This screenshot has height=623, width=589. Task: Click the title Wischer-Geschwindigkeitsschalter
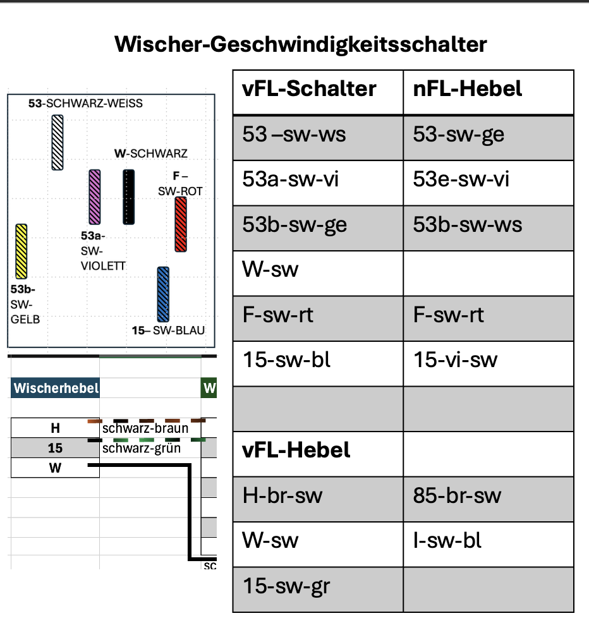[x=300, y=44]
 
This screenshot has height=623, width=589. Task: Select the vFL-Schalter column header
[x=309, y=88]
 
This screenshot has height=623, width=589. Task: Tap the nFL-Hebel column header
[x=468, y=88]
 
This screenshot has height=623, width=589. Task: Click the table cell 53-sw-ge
[x=458, y=135]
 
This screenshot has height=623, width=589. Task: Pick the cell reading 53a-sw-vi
[x=291, y=179]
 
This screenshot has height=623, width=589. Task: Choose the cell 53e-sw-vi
[x=461, y=179]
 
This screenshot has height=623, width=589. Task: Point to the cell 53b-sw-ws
[x=468, y=224]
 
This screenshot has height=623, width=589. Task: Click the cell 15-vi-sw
[x=456, y=360]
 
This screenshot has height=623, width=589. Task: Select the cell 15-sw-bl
[x=286, y=360]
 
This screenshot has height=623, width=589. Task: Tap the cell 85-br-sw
[x=457, y=495]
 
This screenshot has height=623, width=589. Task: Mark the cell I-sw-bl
[x=447, y=541]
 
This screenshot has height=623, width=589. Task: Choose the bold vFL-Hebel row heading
[x=296, y=450]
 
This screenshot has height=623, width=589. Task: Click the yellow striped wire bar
[x=21, y=251]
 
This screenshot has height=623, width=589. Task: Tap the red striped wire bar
[x=181, y=224]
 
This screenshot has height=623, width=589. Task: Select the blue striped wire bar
[x=163, y=294]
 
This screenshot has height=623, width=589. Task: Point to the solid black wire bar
[x=129, y=197]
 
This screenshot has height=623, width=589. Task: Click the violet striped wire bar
[x=95, y=197]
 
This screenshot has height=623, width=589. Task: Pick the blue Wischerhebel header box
[x=55, y=388]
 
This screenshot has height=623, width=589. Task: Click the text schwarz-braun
[x=145, y=428]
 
